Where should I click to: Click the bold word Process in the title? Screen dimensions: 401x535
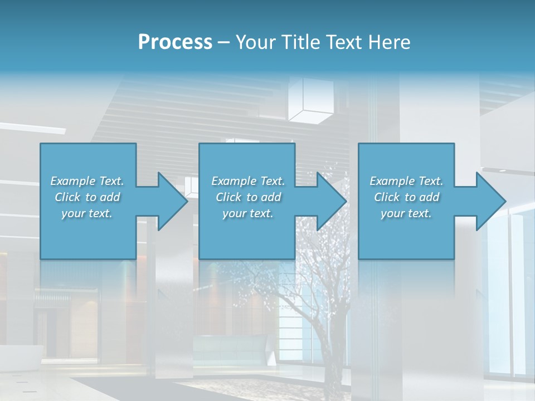point(175,42)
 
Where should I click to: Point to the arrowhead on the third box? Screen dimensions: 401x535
point(490,201)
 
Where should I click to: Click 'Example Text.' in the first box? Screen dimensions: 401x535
point(87,181)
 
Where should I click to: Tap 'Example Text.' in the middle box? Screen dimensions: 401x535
point(248,181)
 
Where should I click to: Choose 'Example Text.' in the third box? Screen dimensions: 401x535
point(406,181)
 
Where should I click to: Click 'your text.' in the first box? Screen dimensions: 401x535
point(87,213)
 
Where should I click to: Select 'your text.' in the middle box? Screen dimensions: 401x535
point(248,213)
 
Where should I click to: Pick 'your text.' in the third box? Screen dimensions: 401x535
point(406,213)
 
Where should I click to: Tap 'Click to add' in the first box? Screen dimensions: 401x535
point(87,197)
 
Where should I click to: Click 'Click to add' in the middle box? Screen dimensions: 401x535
point(248,197)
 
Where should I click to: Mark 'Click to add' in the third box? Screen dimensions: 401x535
point(406,197)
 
